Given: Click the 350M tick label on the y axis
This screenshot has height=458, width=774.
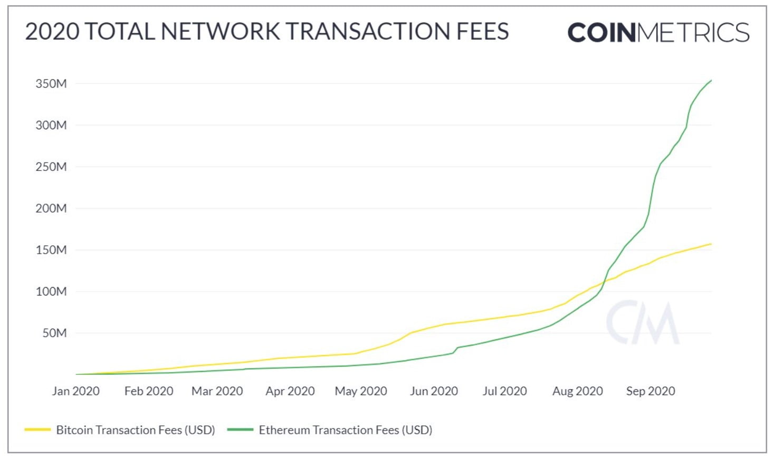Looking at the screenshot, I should [x=51, y=83].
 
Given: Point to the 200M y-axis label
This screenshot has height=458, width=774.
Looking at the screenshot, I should [x=51, y=208].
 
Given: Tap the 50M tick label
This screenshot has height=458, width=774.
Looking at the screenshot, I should [x=54, y=333].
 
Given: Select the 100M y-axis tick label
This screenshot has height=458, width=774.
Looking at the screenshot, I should [x=51, y=291].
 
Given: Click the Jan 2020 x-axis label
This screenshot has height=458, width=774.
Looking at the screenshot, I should [x=75, y=391].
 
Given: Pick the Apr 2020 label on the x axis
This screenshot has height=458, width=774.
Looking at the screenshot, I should [x=290, y=391].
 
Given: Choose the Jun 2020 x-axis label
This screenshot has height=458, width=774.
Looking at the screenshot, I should [x=434, y=391].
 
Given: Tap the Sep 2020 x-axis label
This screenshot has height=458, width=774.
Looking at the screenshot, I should [x=650, y=391].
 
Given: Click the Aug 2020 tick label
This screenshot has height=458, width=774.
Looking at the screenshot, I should [x=577, y=391].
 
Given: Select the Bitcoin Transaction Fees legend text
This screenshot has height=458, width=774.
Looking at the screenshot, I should [x=136, y=430].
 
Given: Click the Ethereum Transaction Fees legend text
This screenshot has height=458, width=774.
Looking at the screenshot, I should [x=345, y=430].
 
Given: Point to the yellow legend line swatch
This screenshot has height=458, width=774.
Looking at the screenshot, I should [x=37, y=430].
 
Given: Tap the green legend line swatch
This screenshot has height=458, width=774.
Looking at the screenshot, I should [x=240, y=430].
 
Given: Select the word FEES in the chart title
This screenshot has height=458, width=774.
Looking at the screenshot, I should [x=482, y=32].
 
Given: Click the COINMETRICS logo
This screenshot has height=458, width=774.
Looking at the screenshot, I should [x=658, y=33].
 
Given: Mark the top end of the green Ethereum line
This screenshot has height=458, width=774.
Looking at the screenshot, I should [x=711, y=81].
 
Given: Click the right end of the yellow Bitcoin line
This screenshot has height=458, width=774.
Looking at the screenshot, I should [x=711, y=244].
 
